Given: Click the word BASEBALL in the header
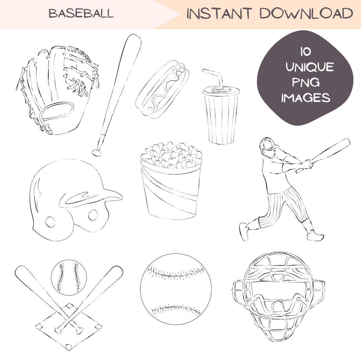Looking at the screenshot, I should pyautogui.click(x=81, y=14).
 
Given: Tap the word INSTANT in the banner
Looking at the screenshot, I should pyautogui.click(x=219, y=14).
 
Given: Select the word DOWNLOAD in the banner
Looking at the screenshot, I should pyautogui.click(x=306, y=14).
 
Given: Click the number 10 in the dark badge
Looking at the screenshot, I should pyautogui.click(x=305, y=52).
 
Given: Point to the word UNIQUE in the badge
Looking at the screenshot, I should pyautogui.click(x=310, y=67).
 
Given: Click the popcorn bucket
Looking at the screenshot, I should pyautogui.click(x=171, y=187).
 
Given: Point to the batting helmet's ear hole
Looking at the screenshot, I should pyautogui.click(x=50, y=221).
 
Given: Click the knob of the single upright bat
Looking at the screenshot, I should pyautogui.click(x=97, y=153).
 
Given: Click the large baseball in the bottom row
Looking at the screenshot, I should pyautogui.click(x=176, y=289).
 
